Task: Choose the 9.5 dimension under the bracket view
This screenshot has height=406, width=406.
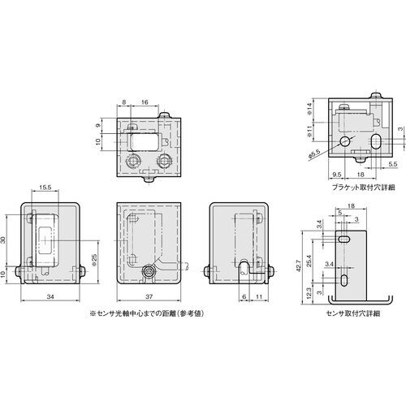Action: (x=337, y=173)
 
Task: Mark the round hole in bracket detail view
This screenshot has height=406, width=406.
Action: (x=347, y=140)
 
